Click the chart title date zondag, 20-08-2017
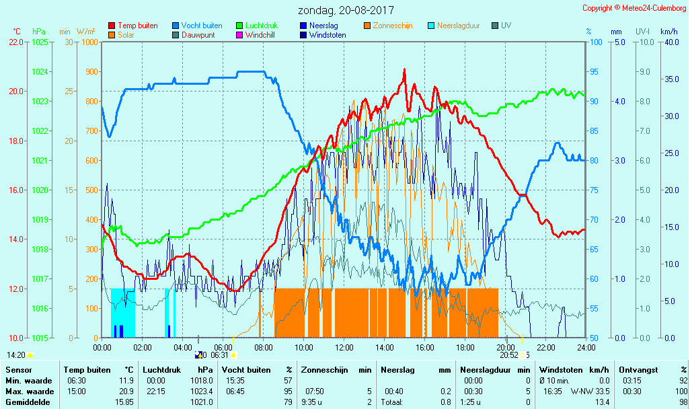(346, 10)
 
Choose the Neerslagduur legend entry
(458, 26)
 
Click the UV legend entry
(506, 26)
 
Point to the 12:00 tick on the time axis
(344, 347)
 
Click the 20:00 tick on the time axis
(506, 347)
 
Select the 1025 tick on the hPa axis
(40, 42)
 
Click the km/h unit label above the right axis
(668, 32)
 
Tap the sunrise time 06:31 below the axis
(220, 355)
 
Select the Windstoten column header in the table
(560, 370)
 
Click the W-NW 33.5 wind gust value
(590, 392)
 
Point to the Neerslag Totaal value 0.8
(446, 402)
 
